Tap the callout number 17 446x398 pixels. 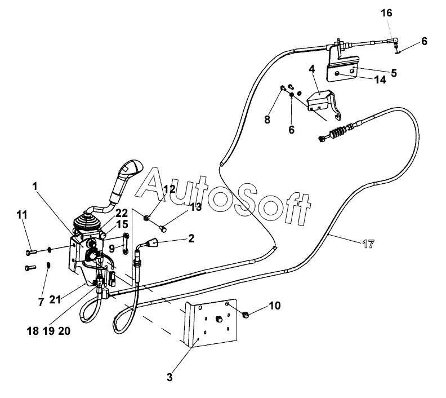tap(369, 244)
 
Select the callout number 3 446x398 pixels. tap(170, 377)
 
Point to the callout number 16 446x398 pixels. tap(386, 13)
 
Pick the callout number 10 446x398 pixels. tap(274, 306)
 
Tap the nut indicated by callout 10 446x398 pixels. tap(246, 315)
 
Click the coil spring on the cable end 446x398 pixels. tap(338, 132)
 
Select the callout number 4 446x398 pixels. tap(312, 69)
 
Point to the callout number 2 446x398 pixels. tap(191, 238)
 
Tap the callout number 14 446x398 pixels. tap(380, 80)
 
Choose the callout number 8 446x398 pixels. tap(267, 120)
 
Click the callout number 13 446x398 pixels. tap(196, 207)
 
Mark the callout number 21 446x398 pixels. tap(55, 299)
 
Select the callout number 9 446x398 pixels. tap(112, 249)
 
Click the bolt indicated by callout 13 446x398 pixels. tap(163, 228)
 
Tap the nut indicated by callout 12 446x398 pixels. tap(147, 218)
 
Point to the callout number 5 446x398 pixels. tap(394, 73)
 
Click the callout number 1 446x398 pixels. tap(35, 187)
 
